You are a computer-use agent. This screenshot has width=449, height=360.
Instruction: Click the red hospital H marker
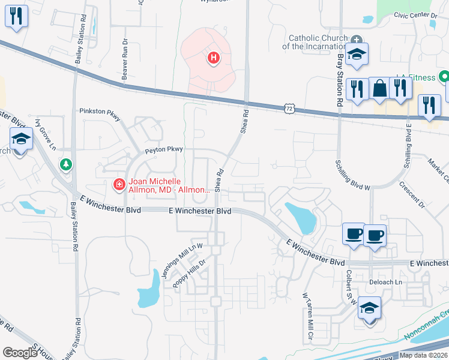tap(212, 58)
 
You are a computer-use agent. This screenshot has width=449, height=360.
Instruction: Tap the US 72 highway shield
tap(289, 108)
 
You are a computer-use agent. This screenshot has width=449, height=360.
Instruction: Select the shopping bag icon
tap(380, 89)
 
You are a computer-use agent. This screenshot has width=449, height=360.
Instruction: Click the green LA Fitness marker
tap(444, 77)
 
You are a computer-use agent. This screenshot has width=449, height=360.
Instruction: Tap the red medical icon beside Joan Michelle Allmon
tap(119, 185)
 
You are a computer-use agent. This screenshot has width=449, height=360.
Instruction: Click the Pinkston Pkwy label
tap(100, 111)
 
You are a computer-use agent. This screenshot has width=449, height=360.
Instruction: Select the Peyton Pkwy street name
tap(163, 149)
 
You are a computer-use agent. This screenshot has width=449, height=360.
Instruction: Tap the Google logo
tap(20, 352)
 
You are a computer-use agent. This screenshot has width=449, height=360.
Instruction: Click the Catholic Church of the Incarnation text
tap(315, 42)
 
